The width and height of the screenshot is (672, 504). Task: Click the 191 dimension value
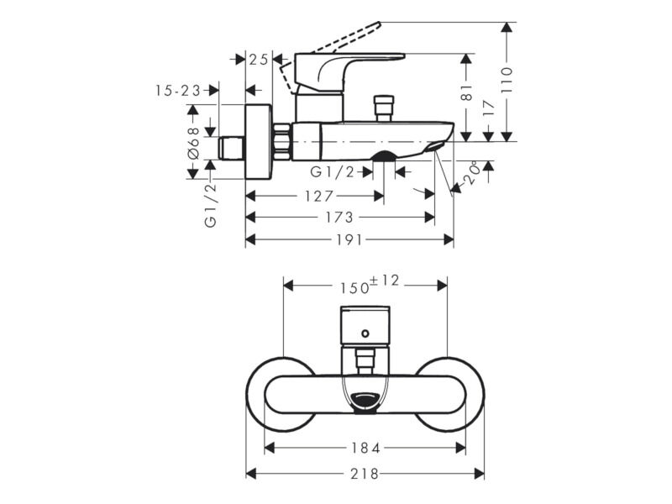(x=349, y=240)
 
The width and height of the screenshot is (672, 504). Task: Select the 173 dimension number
(x=339, y=218)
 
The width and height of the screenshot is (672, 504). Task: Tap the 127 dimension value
(x=319, y=197)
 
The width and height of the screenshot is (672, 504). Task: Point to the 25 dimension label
(x=259, y=59)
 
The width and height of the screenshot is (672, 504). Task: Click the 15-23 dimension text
(x=178, y=91)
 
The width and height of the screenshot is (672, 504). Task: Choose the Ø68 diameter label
(x=194, y=143)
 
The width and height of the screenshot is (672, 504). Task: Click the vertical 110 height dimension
(x=507, y=80)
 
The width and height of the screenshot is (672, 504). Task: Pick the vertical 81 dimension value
(x=467, y=92)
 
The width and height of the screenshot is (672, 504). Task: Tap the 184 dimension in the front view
(x=365, y=449)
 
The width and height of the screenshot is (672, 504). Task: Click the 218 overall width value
(x=365, y=474)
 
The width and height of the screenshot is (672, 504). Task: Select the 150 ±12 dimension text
(x=370, y=285)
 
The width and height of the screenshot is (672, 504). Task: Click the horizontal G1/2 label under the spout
(x=333, y=172)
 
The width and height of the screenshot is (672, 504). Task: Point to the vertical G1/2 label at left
(x=211, y=204)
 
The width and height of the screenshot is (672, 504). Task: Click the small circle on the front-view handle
(x=365, y=333)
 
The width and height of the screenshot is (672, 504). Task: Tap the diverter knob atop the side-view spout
(x=384, y=108)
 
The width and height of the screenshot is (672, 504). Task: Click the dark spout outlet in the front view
(x=365, y=404)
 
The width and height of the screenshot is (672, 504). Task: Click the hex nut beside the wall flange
(x=281, y=142)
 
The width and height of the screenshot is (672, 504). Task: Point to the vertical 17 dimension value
(x=489, y=108)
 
